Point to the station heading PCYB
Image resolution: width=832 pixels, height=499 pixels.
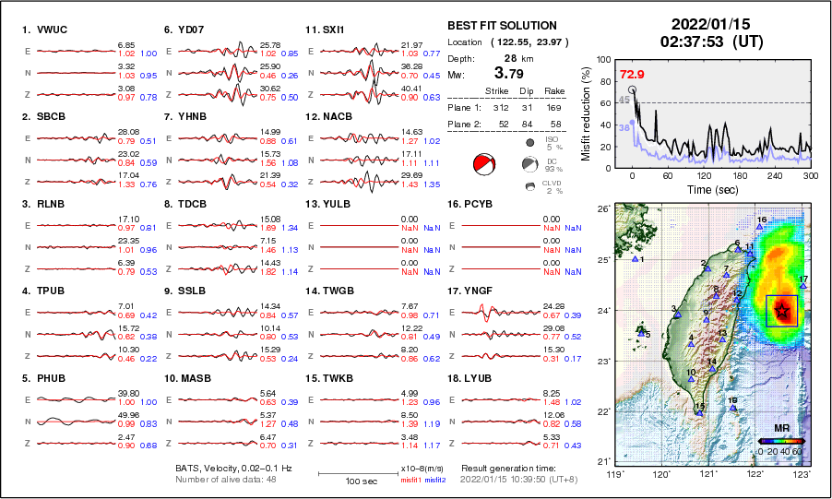pyautogui.click(x=484, y=204)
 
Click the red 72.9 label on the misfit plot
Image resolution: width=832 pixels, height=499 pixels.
pyautogui.click(x=632, y=74)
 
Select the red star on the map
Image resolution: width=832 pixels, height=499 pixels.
pyautogui.click(x=782, y=311)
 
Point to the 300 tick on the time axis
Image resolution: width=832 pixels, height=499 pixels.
pyautogui.click(x=810, y=174)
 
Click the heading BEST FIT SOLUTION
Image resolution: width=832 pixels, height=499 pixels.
pyautogui.click(x=501, y=25)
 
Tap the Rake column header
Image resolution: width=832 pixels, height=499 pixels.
pyautogui.click(x=555, y=92)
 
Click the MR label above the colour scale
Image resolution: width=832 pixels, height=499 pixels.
pyautogui.click(x=779, y=428)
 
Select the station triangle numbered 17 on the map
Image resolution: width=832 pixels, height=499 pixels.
pyautogui.click(x=803, y=286)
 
